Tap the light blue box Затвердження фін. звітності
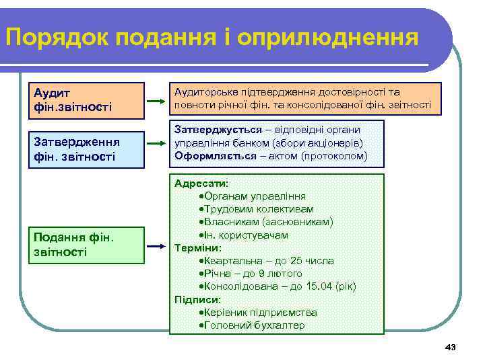90,149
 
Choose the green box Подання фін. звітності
90,245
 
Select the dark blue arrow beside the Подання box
157,247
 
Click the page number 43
451,347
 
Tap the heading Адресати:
201,184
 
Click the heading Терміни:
198,248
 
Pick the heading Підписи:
197,300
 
